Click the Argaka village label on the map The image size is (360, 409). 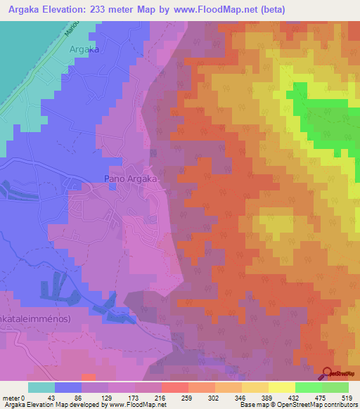(x=84, y=49)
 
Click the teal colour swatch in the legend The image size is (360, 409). (x=41, y=387)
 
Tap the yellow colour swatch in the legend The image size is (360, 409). (x=281, y=387)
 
